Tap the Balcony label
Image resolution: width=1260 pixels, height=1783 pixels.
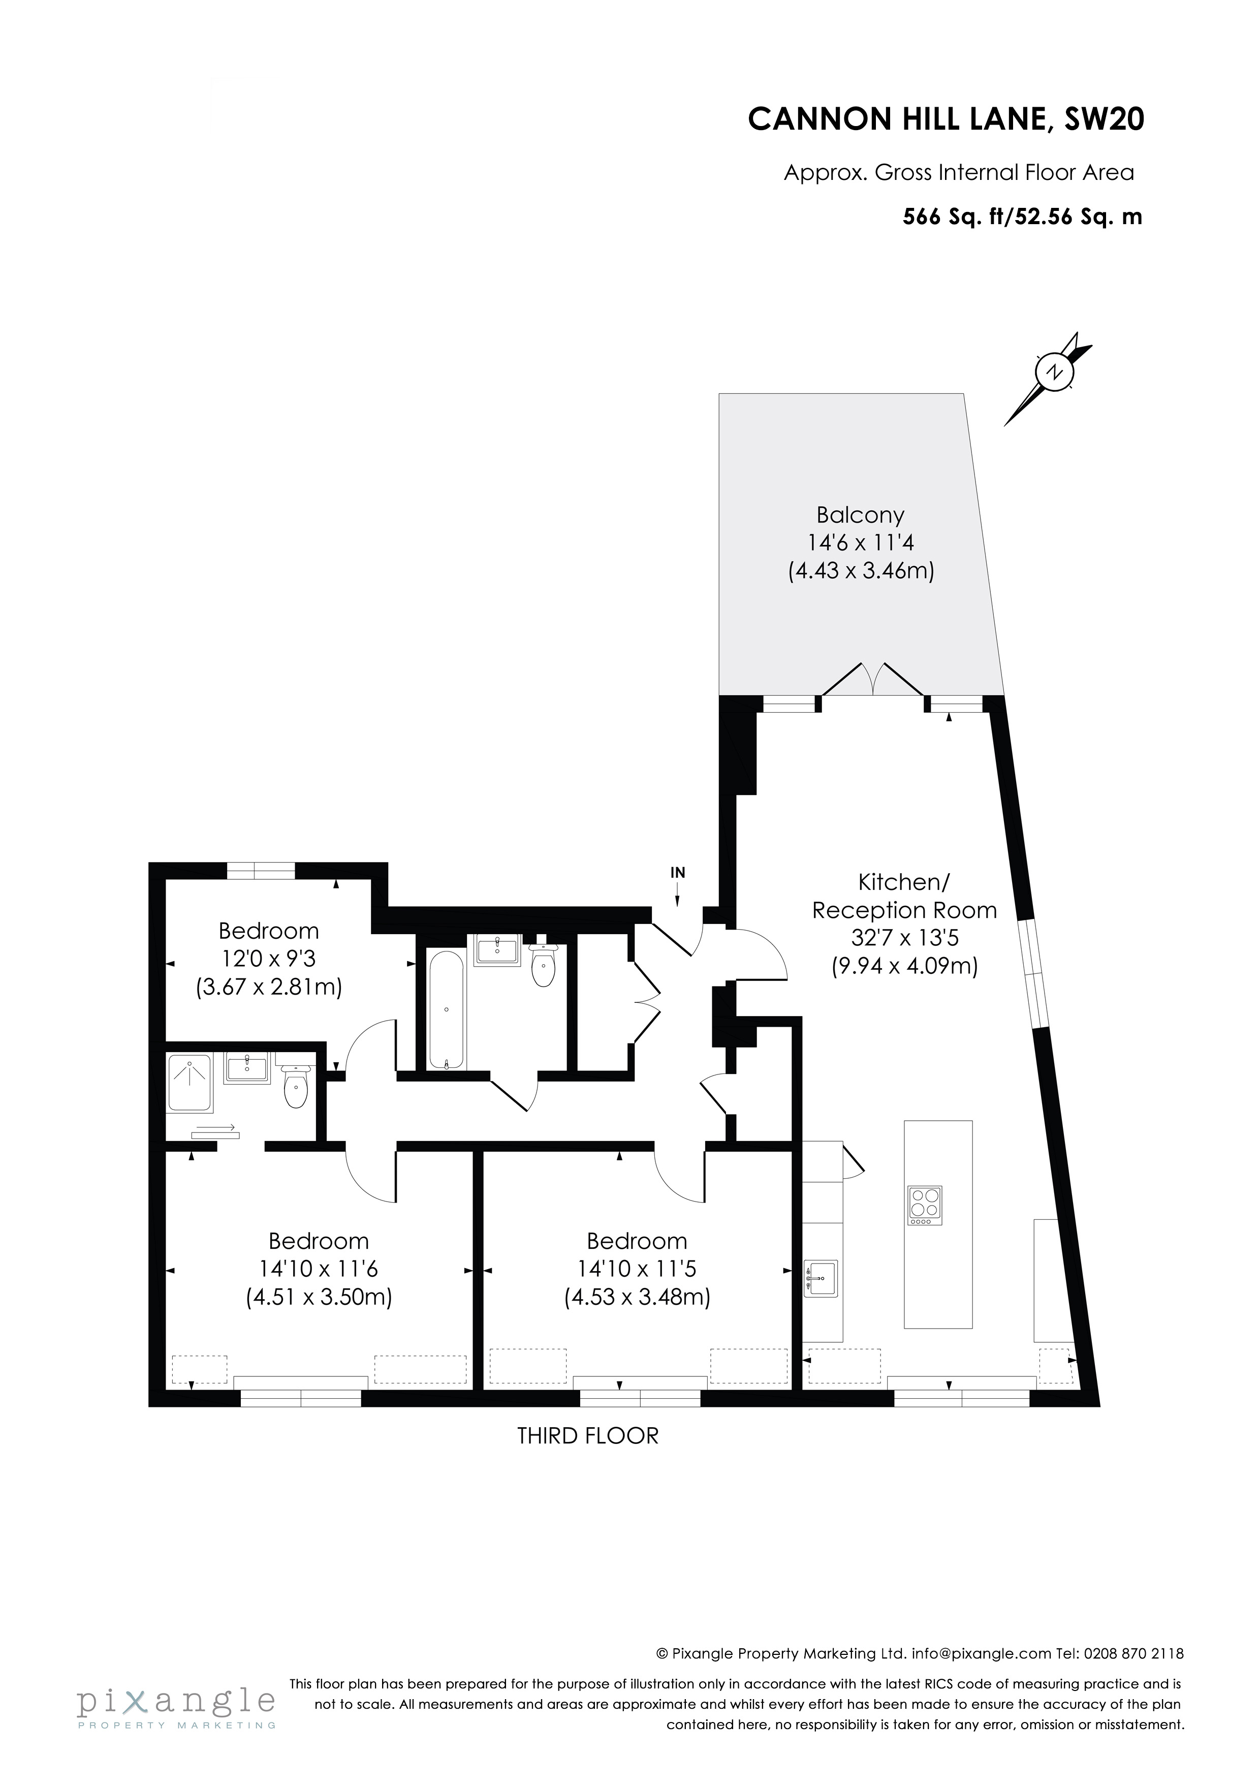coord(860,516)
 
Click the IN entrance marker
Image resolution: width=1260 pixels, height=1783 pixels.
coord(678,873)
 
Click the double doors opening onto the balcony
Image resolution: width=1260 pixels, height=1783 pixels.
coord(873,680)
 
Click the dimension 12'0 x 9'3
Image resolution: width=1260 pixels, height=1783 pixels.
coord(269,959)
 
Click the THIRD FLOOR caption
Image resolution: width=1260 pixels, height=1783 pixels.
coord(588,1436)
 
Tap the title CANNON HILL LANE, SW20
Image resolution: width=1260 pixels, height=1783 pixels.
coord(946,119)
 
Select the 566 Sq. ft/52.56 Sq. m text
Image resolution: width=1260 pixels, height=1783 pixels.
coord(1022,217)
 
